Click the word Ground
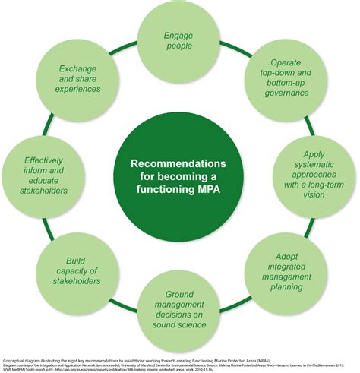point(180,293)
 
